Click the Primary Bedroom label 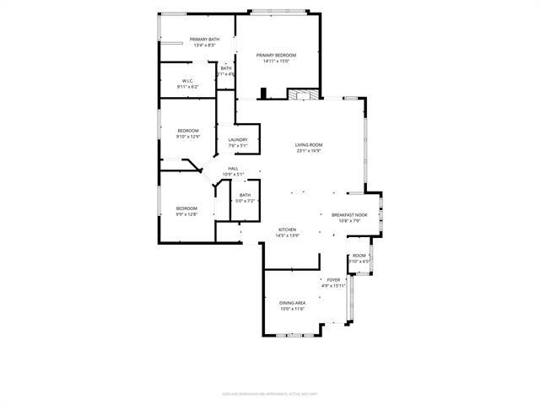[276, 55]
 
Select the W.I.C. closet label [187, 81]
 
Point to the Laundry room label [237, 140]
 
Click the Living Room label [309, 144]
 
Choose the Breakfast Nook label [349, 215]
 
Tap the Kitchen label [288, 229]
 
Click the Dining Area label [292, 302]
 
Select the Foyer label [334, 280]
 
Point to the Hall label [232, 169]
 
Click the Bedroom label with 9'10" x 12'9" [187, 130]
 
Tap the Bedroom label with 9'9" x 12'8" [186, 208]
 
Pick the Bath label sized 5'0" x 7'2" [245, 195]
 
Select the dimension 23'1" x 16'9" [309, 151]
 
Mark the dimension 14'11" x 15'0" [276, 61]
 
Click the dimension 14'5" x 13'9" [288, 235]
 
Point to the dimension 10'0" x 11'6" [292, 309]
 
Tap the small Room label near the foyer [359, 255]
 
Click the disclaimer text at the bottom [270, 392]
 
